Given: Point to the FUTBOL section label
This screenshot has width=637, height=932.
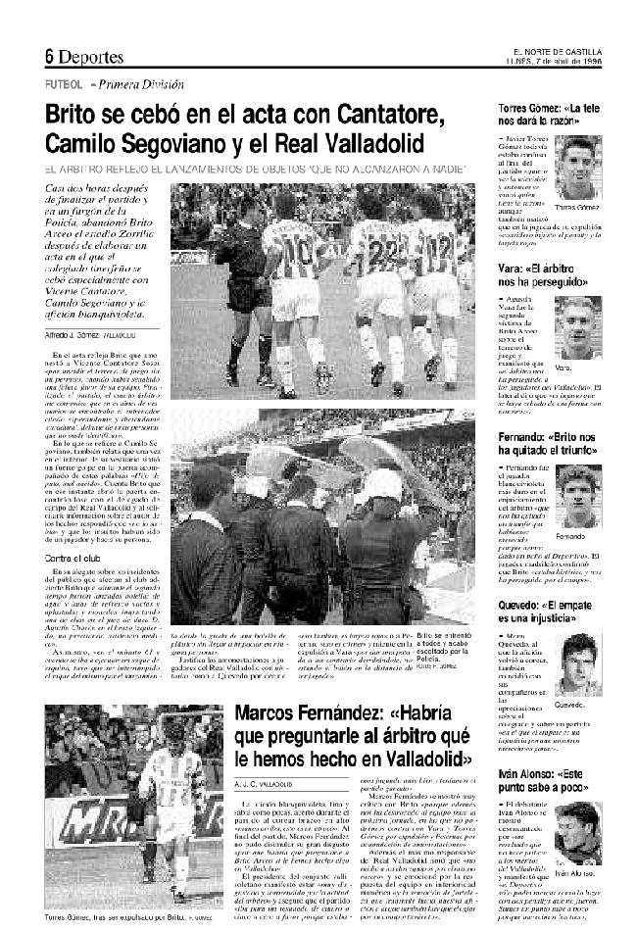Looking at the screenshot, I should coord(63,84).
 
